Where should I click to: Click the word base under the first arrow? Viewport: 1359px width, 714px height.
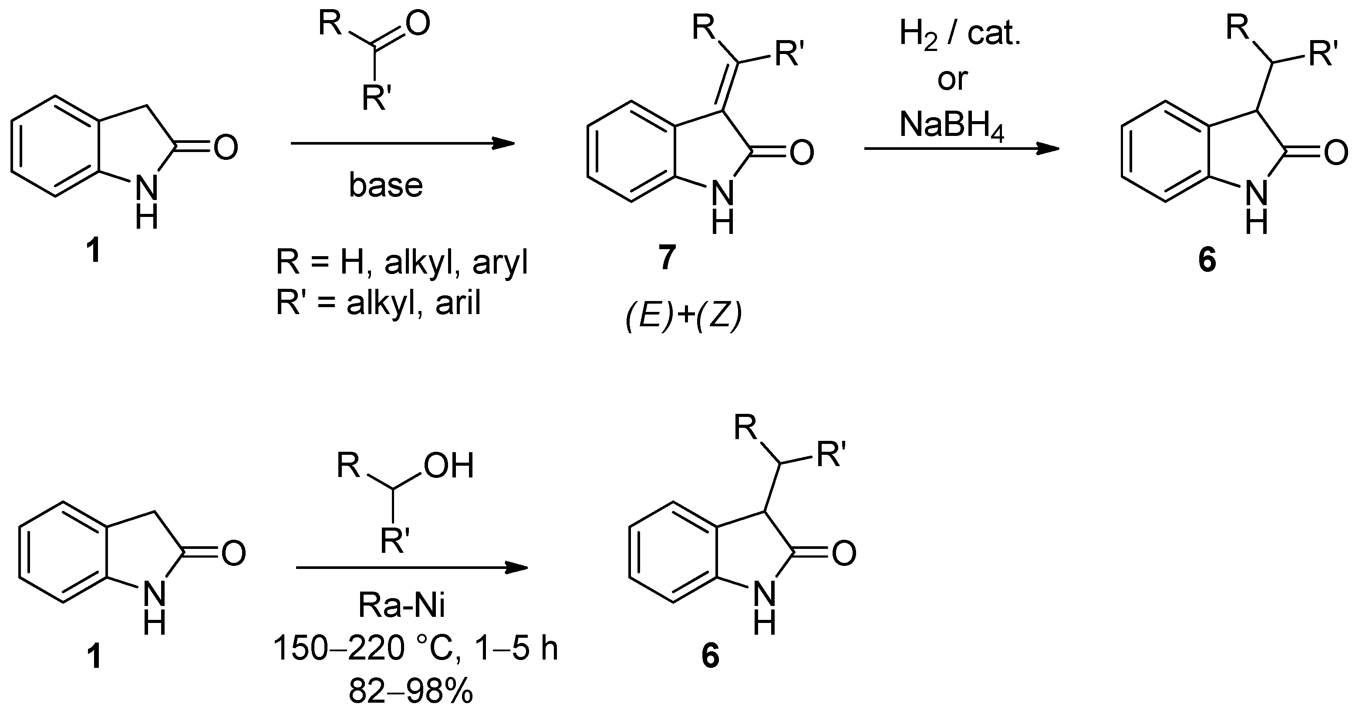(x=386, y=185)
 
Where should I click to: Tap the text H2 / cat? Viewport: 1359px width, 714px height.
(x=960, y=35)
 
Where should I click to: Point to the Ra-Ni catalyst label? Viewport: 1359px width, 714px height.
(x=401, y=605)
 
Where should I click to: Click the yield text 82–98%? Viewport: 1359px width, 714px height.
(x=411, y=691)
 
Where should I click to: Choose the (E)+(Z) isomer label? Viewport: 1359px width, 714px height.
(x=684, y=317)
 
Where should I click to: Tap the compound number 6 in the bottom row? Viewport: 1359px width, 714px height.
(x=710, y=657)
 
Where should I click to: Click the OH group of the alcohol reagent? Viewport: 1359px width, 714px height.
(x=449, y=465)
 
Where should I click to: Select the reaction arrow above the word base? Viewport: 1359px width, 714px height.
(x=402, y=143)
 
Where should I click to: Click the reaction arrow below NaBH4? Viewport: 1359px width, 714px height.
(x=961, y=149)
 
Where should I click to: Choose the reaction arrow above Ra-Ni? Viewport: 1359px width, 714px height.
(x=411, y=568)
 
